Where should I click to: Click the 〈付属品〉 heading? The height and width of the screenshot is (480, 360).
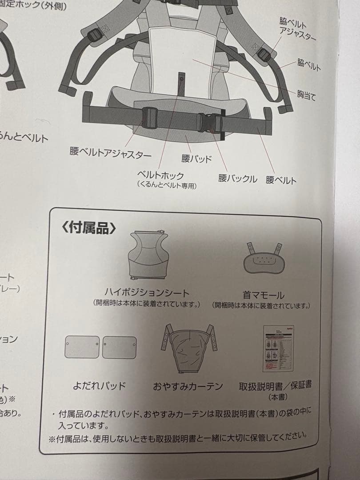point(89,228)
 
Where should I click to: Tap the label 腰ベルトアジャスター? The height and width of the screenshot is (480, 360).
point(110,153)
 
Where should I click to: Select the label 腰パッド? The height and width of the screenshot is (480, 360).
point(196,159)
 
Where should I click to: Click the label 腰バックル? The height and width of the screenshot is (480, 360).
point(237,179)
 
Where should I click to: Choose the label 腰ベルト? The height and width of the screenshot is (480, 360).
point(281,180)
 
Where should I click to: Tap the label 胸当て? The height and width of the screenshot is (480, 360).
point(306,95)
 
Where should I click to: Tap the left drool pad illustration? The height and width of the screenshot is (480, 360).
point(82,347)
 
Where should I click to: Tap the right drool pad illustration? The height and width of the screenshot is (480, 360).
point(119,347)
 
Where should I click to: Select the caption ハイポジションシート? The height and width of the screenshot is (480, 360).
point(147,292)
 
